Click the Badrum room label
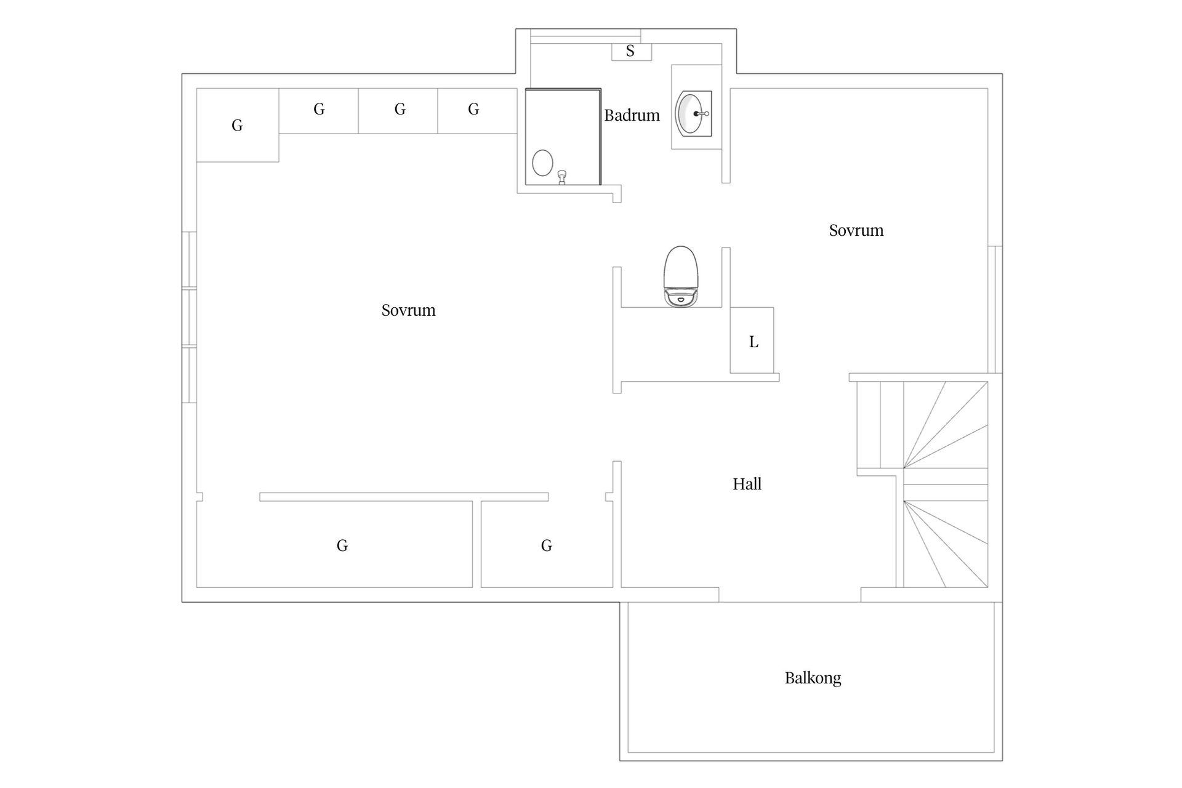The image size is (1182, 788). [x=632, y=115]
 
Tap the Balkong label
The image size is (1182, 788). [x=813, y=678]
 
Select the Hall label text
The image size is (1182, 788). [x=747, y=484]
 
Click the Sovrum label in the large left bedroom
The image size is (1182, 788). [x=408, y=310]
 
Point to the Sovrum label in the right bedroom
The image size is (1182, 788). [x=856, y=230]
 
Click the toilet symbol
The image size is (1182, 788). [x=681, y=276]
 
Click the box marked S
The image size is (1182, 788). [x=631, y=52]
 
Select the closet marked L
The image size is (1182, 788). [x=752, y=340]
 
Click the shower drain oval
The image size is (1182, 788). [x=542, y=163]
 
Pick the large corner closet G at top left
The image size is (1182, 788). [x=238, y=125]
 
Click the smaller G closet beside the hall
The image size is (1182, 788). [x=547, y=544]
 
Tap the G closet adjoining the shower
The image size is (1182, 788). [x=477, y=111]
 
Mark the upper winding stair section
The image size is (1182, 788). [x=946, y=425]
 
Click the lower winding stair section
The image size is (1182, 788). [x=946, y=535]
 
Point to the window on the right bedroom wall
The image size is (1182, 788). [x=995, y=310]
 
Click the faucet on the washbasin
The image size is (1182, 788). [x=702, y=114]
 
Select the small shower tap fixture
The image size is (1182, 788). [x=561, y=177]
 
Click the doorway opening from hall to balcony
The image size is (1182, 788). [x=790, y=595]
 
